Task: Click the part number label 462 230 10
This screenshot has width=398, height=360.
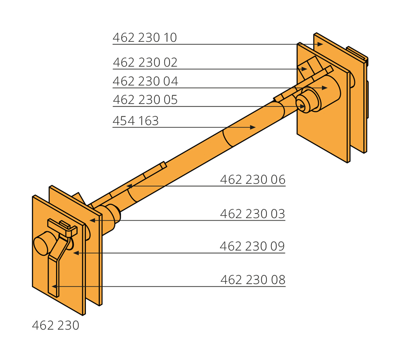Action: pos(145,38)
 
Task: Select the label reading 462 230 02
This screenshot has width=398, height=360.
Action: pos(145,62)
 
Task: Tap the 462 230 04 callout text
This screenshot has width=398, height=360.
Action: pos(145,81)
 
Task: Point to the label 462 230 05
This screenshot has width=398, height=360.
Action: pos(145,100)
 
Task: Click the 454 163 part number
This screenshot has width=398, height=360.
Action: pos(136,121)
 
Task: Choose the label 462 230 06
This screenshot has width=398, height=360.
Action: pos(253,180)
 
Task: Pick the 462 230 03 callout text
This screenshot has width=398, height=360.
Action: pos(253,214)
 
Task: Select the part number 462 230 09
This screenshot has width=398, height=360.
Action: pos(252,246)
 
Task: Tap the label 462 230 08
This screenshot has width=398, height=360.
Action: pos(253,280)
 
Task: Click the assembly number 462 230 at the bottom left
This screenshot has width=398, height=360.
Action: pos(56,326)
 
